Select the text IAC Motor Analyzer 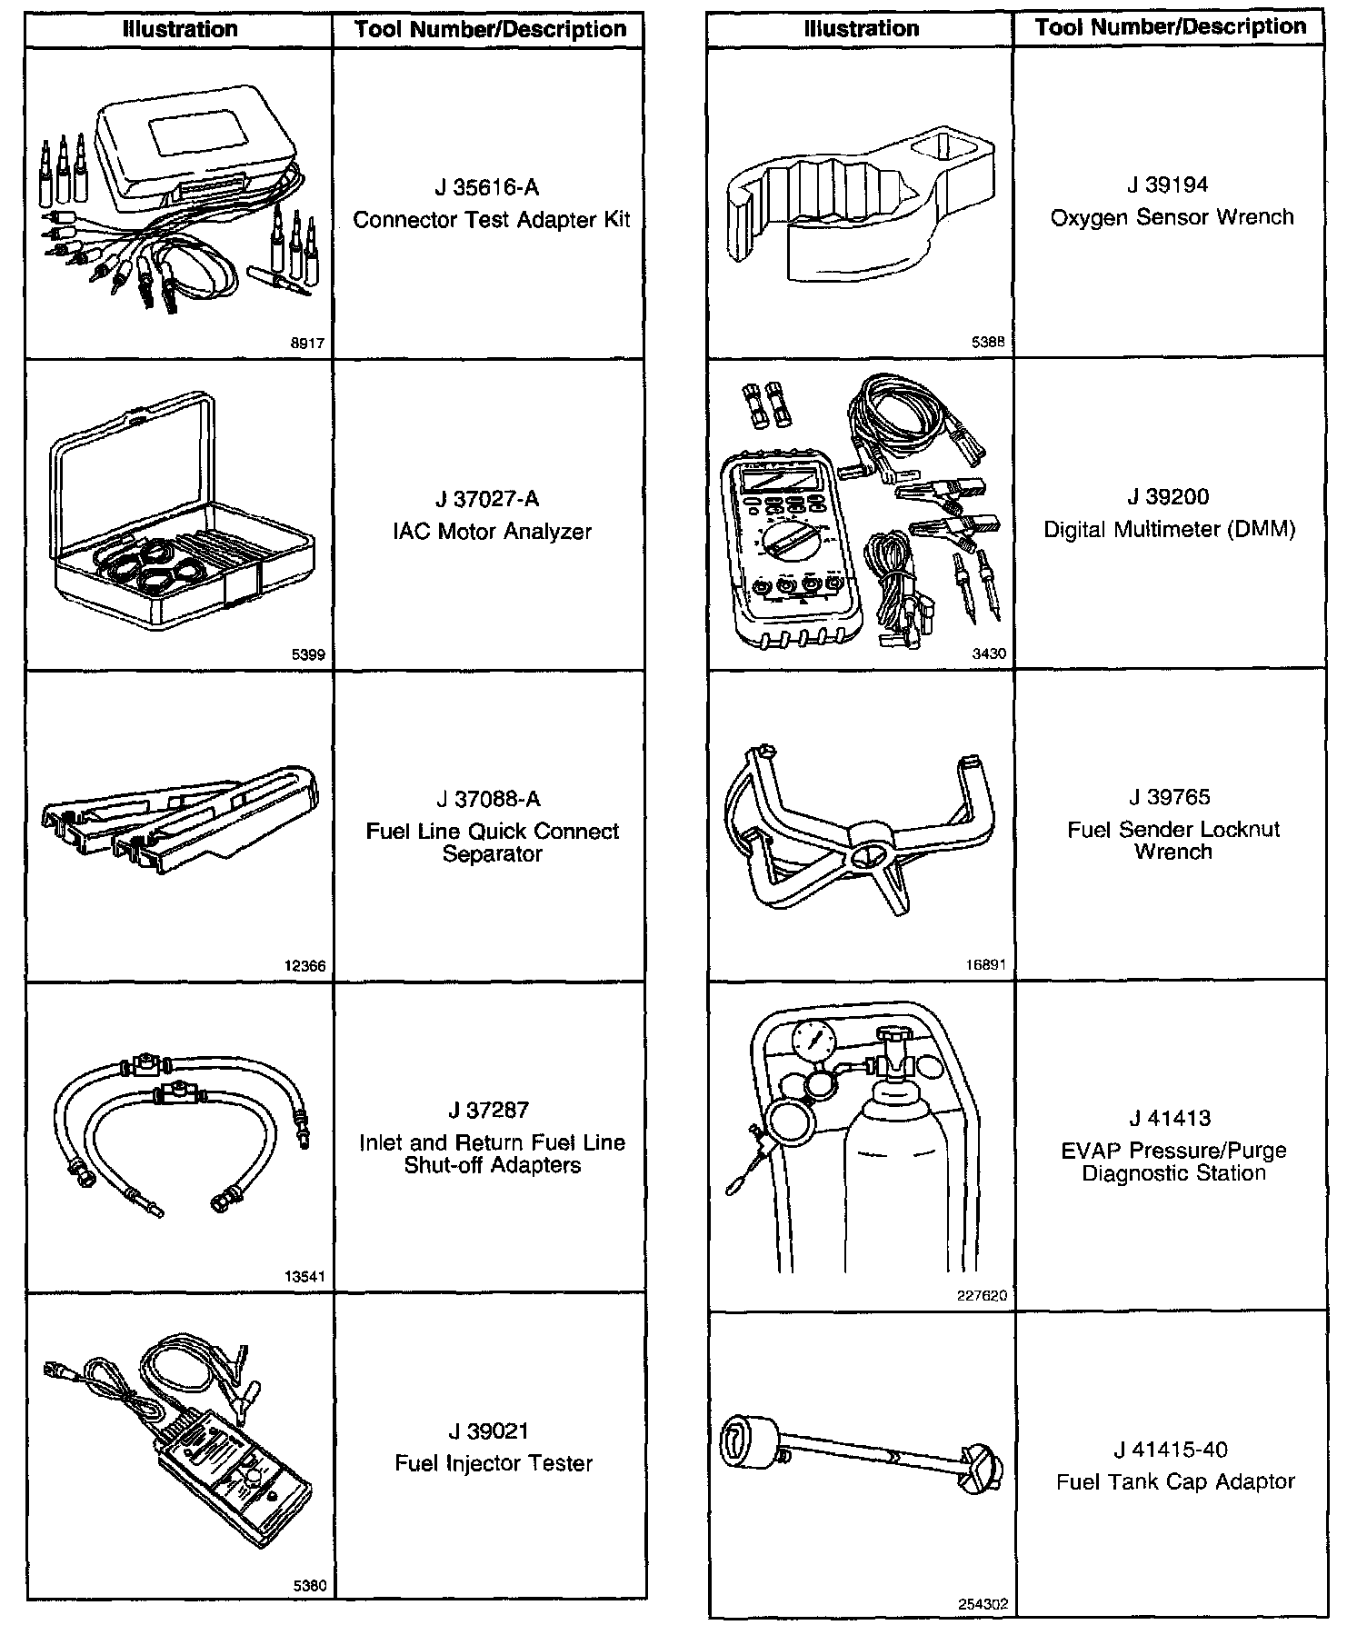(492, 531)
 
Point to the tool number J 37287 (488, 1110)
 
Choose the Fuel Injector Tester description (494, 1463)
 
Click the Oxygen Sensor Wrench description (1172, 217)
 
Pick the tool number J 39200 (1168, 497)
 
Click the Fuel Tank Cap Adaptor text (1175, 1482)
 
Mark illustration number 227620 (982, 1295)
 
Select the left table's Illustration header (180, 29)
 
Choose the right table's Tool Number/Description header (1171, 27)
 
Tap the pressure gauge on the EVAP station (814, 1041)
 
